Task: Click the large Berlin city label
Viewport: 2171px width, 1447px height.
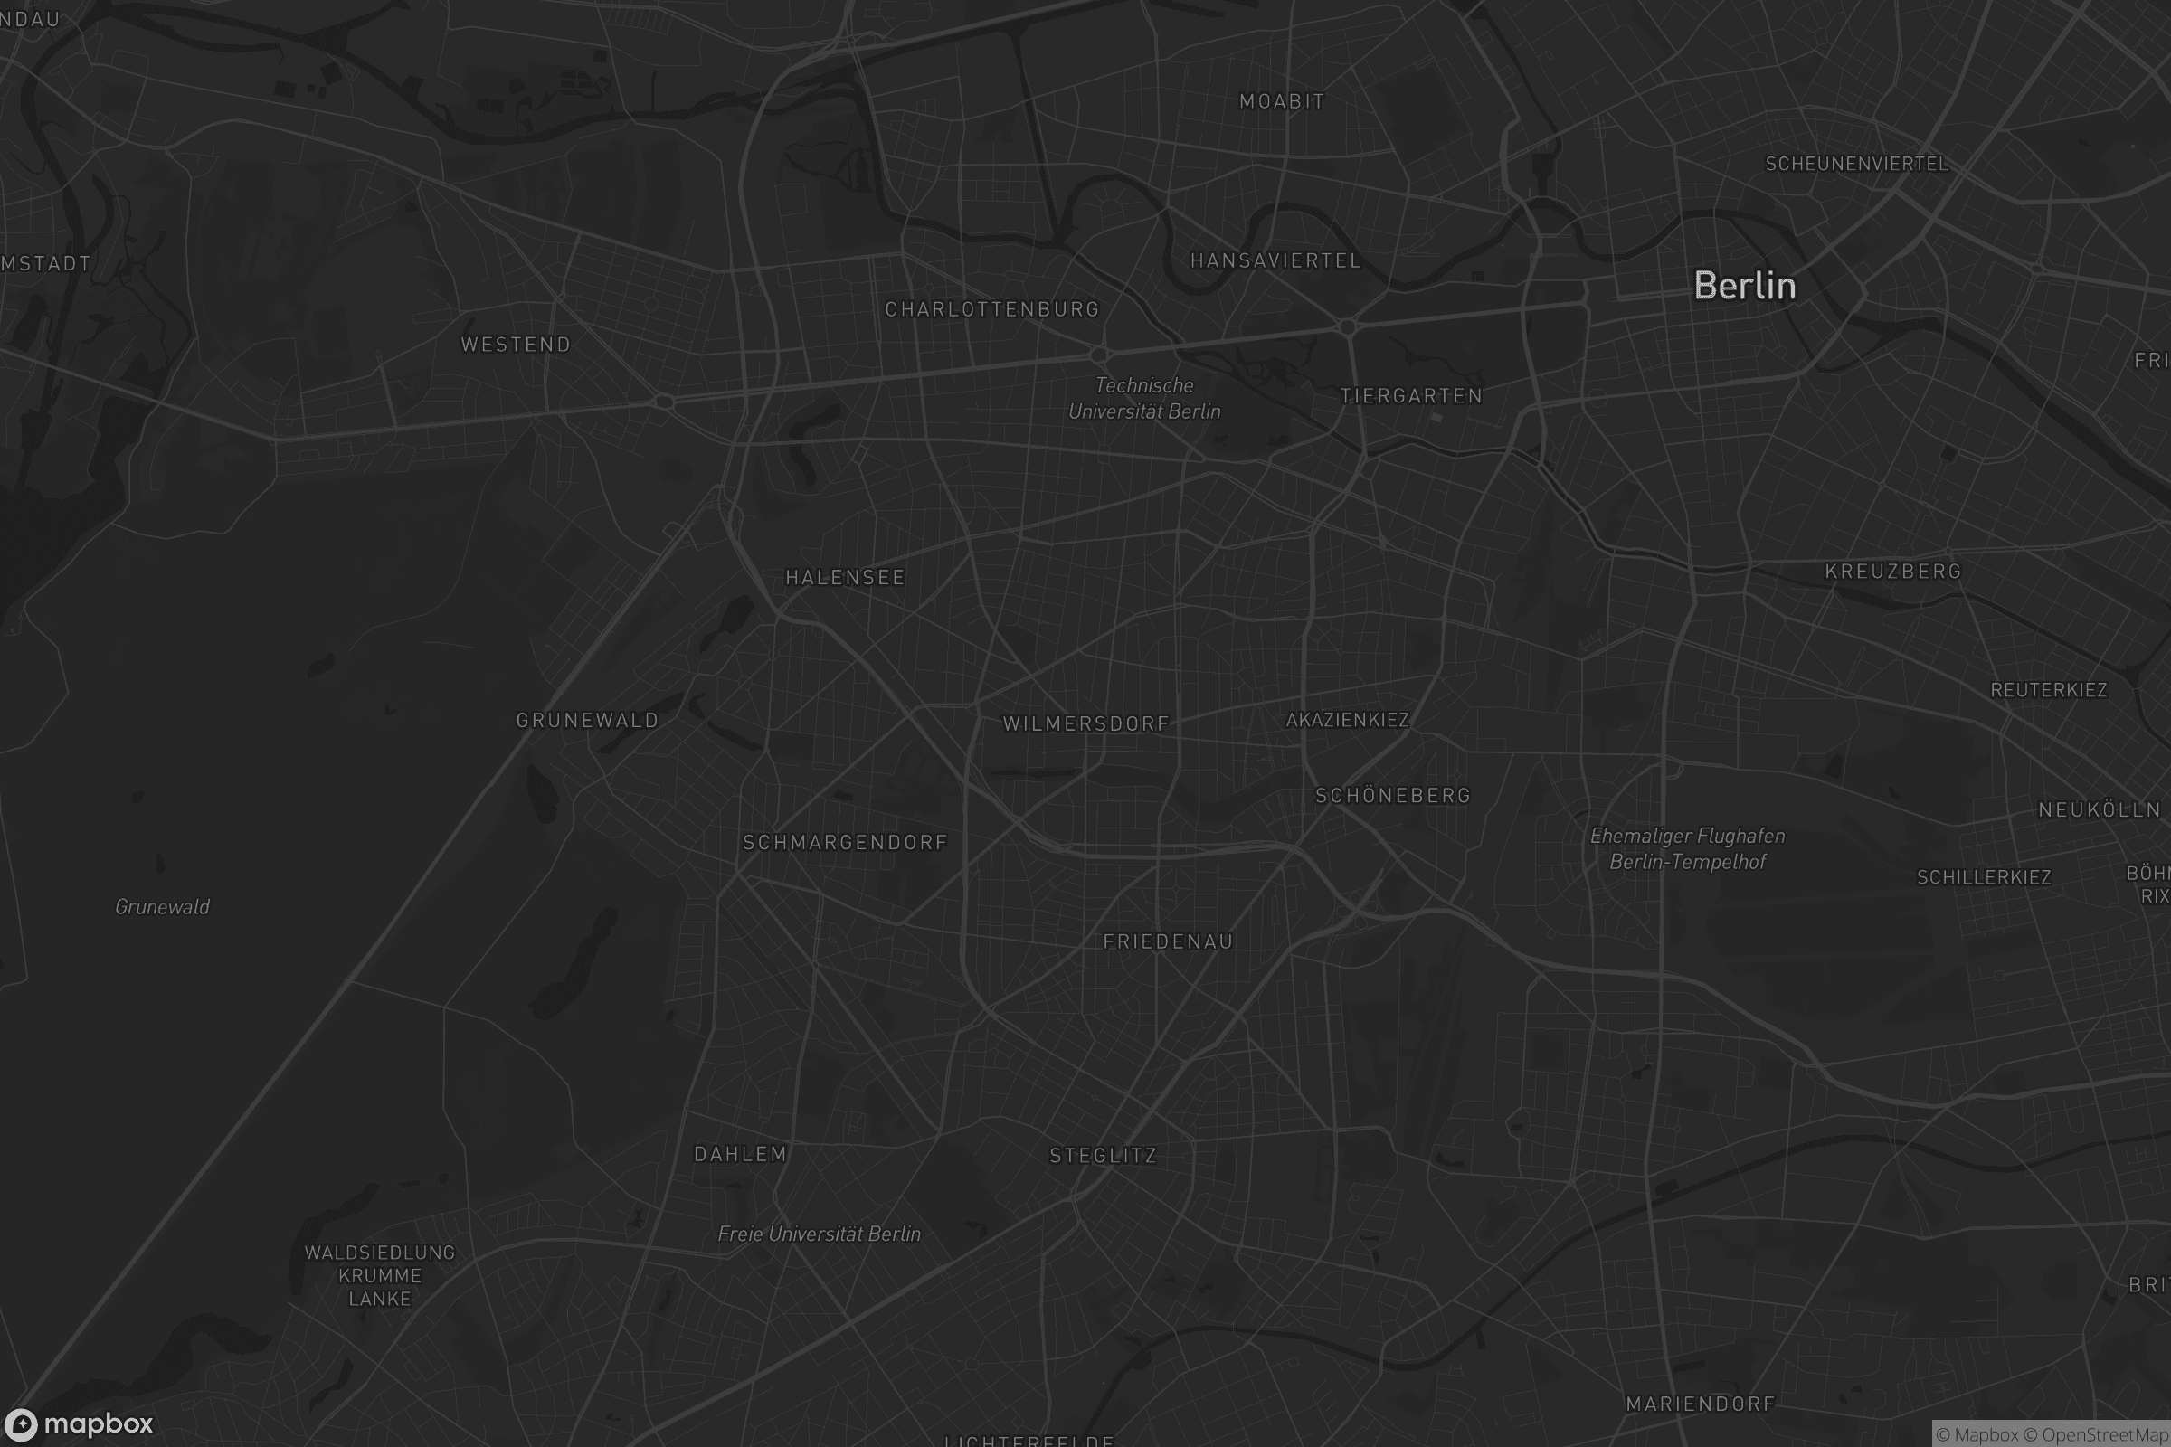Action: point(1745,286)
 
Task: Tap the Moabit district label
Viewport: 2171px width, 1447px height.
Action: point(1281,101)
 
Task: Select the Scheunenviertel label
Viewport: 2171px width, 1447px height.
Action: point(1856,165)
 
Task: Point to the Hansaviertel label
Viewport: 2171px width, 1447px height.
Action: point(1275,261)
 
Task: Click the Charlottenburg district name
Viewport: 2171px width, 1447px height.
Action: point(992,309)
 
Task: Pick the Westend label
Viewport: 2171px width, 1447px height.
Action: point(516,345)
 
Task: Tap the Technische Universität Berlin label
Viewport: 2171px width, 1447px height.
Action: point(1143,399)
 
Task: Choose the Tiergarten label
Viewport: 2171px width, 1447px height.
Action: point(1410,396)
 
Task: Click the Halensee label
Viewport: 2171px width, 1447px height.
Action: point(845,578)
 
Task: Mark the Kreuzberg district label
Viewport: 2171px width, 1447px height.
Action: point(1892,572)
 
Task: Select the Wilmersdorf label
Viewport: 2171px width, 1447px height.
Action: point(1085,723)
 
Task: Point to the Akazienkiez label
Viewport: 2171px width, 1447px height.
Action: point(1347,720)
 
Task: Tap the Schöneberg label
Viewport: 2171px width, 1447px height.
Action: point(1392,796)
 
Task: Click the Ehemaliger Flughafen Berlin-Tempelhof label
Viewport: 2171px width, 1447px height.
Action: point(1687,849)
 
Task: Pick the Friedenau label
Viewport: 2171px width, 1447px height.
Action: point(1168,941)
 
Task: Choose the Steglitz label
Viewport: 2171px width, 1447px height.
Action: point(1103,1156)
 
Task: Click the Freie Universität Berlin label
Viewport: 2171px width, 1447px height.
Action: point(819,1234)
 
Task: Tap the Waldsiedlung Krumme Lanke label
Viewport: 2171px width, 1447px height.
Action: point(379,1275)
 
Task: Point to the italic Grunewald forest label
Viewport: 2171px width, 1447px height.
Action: point(163,907)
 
